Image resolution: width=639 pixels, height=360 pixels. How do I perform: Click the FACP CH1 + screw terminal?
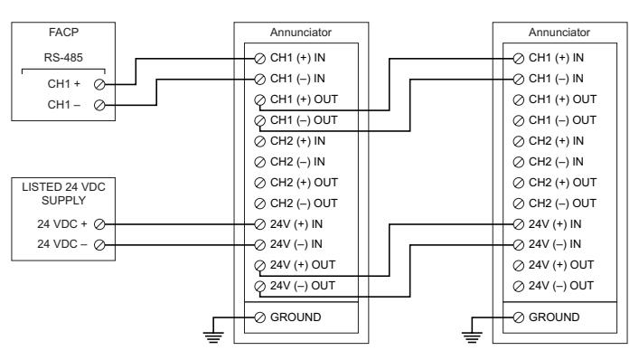pos(99,84)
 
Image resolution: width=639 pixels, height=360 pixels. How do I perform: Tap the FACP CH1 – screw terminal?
pos(99,105)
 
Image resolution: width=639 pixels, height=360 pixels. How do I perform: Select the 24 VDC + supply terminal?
pos(99,224)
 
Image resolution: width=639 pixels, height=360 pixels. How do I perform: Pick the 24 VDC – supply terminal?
pos(99,245)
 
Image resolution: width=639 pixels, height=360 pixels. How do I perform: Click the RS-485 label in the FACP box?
pos(63,58)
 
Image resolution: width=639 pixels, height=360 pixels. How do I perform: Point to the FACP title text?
pos(63,33)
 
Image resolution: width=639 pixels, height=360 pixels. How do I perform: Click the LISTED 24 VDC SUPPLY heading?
pos(63,194)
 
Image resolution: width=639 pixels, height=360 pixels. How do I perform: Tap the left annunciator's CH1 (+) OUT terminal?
pos(259,99)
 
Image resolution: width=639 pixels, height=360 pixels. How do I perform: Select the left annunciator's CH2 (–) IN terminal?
pos(259,162)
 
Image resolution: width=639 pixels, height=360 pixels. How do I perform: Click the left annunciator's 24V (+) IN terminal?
pos(259,224)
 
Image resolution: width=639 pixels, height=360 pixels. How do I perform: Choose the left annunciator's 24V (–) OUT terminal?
pos(259,287)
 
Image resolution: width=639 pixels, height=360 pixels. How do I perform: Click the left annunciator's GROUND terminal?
pos(259,317)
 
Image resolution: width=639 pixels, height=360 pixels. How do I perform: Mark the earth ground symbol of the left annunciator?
pos(213,337)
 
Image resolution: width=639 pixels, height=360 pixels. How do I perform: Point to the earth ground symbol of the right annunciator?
pos(472,337)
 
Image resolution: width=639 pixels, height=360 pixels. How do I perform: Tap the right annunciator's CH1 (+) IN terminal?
pos(519,59)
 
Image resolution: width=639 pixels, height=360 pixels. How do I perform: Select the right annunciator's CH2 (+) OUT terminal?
pos(519,183)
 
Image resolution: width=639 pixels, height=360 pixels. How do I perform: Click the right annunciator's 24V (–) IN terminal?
pos(519,245)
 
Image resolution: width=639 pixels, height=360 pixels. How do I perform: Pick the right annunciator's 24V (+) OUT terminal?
pos(519,266)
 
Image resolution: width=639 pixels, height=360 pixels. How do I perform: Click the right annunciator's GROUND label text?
pos(554,317)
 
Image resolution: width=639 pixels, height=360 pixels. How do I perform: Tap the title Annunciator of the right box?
pos(559,33)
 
